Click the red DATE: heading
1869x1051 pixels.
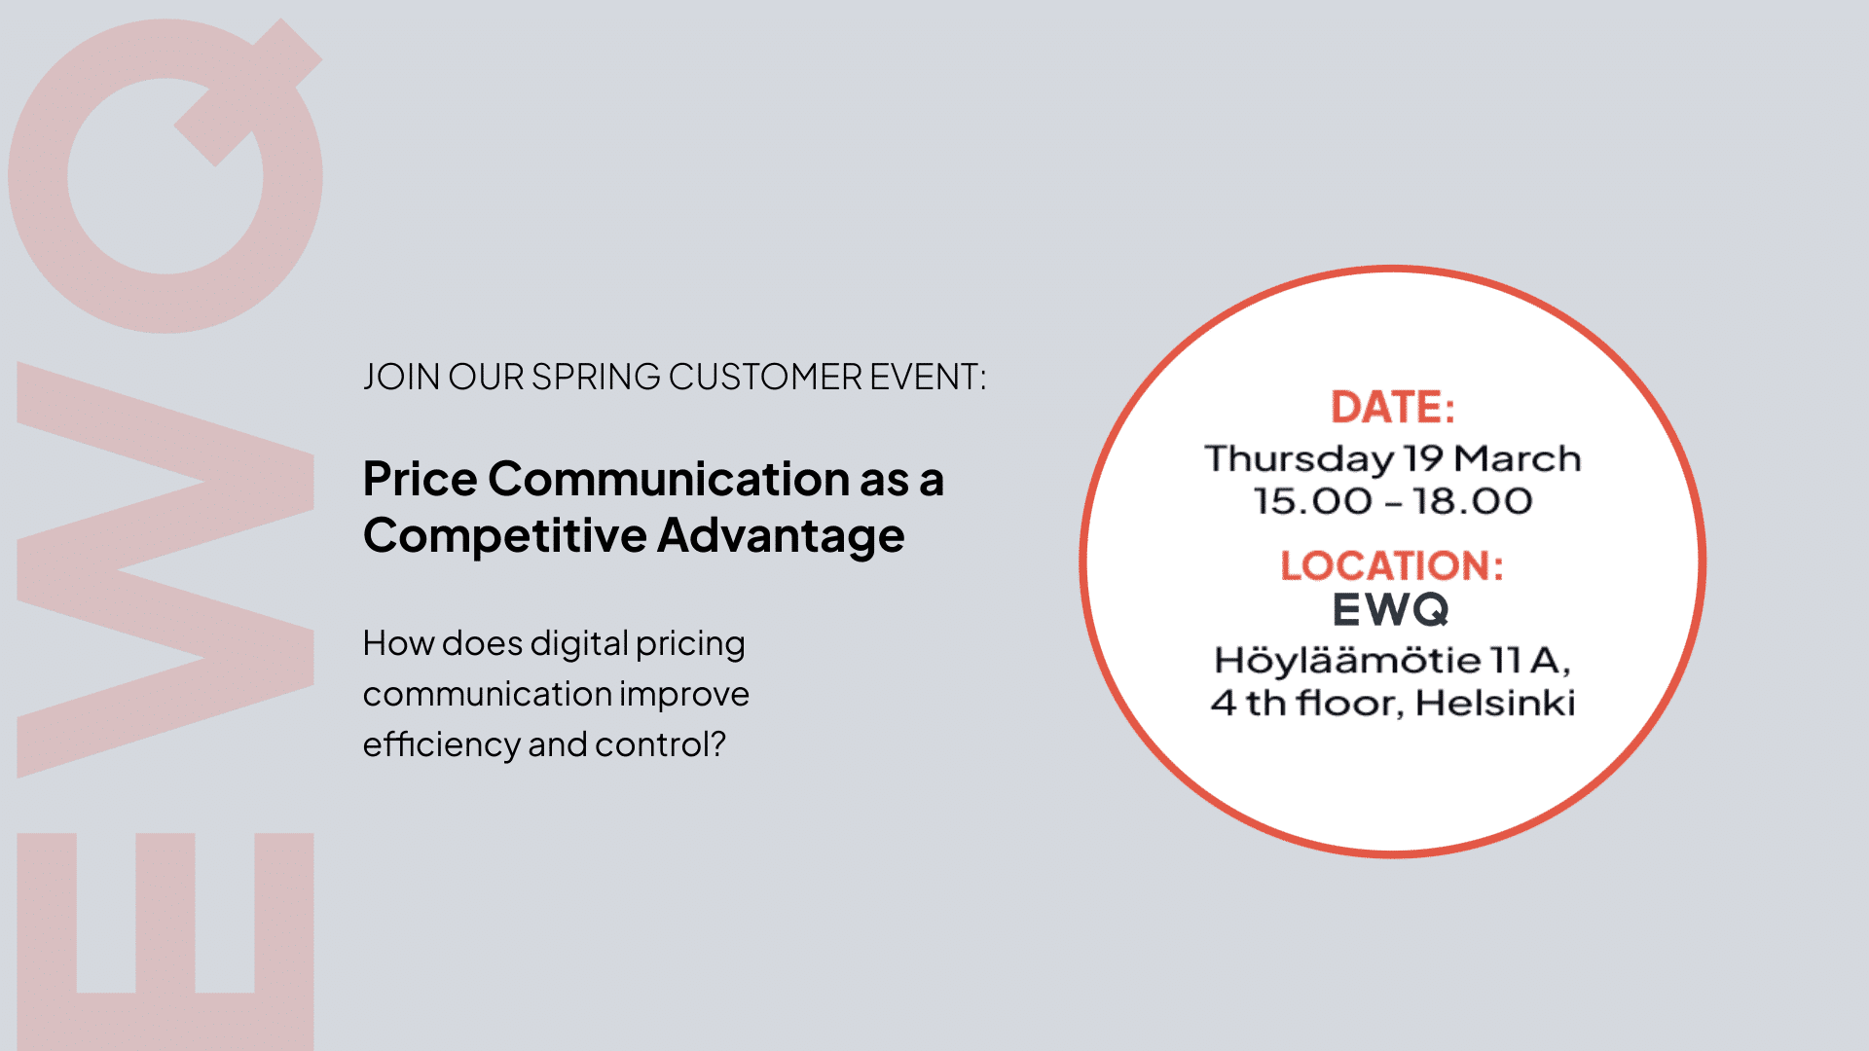coord(1392,407)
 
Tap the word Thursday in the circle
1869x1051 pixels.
coord(1299,459)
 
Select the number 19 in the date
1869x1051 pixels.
coord(1423,457)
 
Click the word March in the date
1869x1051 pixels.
coord(1518,457)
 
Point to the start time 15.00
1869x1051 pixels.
coord(1312,501)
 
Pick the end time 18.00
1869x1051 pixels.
coord(1473,501)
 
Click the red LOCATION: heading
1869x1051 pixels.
coord(1392,565)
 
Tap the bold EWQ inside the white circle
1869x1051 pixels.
coord(1391,610)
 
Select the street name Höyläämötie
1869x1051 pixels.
coord(1347,661)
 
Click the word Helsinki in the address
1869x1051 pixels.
coord(1495,703)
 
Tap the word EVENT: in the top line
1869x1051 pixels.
coord(928,377)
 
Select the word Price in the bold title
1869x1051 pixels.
coord(421,479)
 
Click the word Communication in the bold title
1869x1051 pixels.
coord(670,479)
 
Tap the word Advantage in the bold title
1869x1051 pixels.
coord(782,536)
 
